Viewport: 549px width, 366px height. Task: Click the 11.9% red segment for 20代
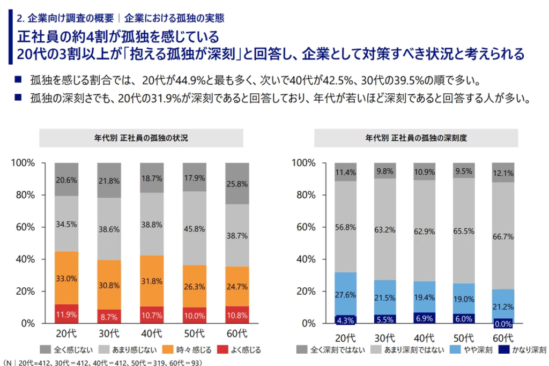click(66, 313)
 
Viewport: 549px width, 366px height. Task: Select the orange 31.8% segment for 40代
click(152, 281)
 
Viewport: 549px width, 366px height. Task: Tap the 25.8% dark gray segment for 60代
click(236, 183)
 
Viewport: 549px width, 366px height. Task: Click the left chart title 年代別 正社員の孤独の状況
click(141, 138)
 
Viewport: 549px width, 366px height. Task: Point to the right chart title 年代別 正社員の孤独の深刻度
click(416, 138)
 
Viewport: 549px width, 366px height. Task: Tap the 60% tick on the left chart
click(24, 227)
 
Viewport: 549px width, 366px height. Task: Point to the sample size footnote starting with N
click(102, 362)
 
